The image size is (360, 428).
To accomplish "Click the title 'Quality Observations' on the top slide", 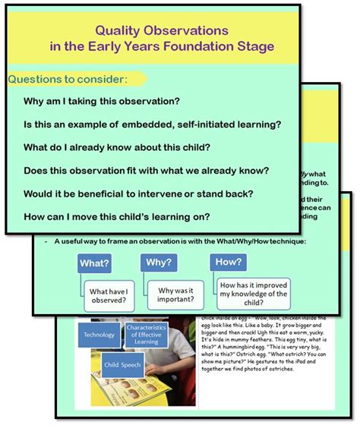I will pos(161,31).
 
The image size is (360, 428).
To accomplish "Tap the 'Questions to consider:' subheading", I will pos(68,79).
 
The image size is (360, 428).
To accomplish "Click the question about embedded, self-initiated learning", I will pos(153,125).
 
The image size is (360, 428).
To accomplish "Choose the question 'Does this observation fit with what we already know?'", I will pos(146,171).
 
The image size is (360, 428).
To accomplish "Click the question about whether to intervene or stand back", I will pos(138,194).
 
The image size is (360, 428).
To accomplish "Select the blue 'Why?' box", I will pos(158,262).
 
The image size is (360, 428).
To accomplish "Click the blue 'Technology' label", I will pos(99,335).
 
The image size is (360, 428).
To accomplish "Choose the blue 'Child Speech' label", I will pos(122,363).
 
